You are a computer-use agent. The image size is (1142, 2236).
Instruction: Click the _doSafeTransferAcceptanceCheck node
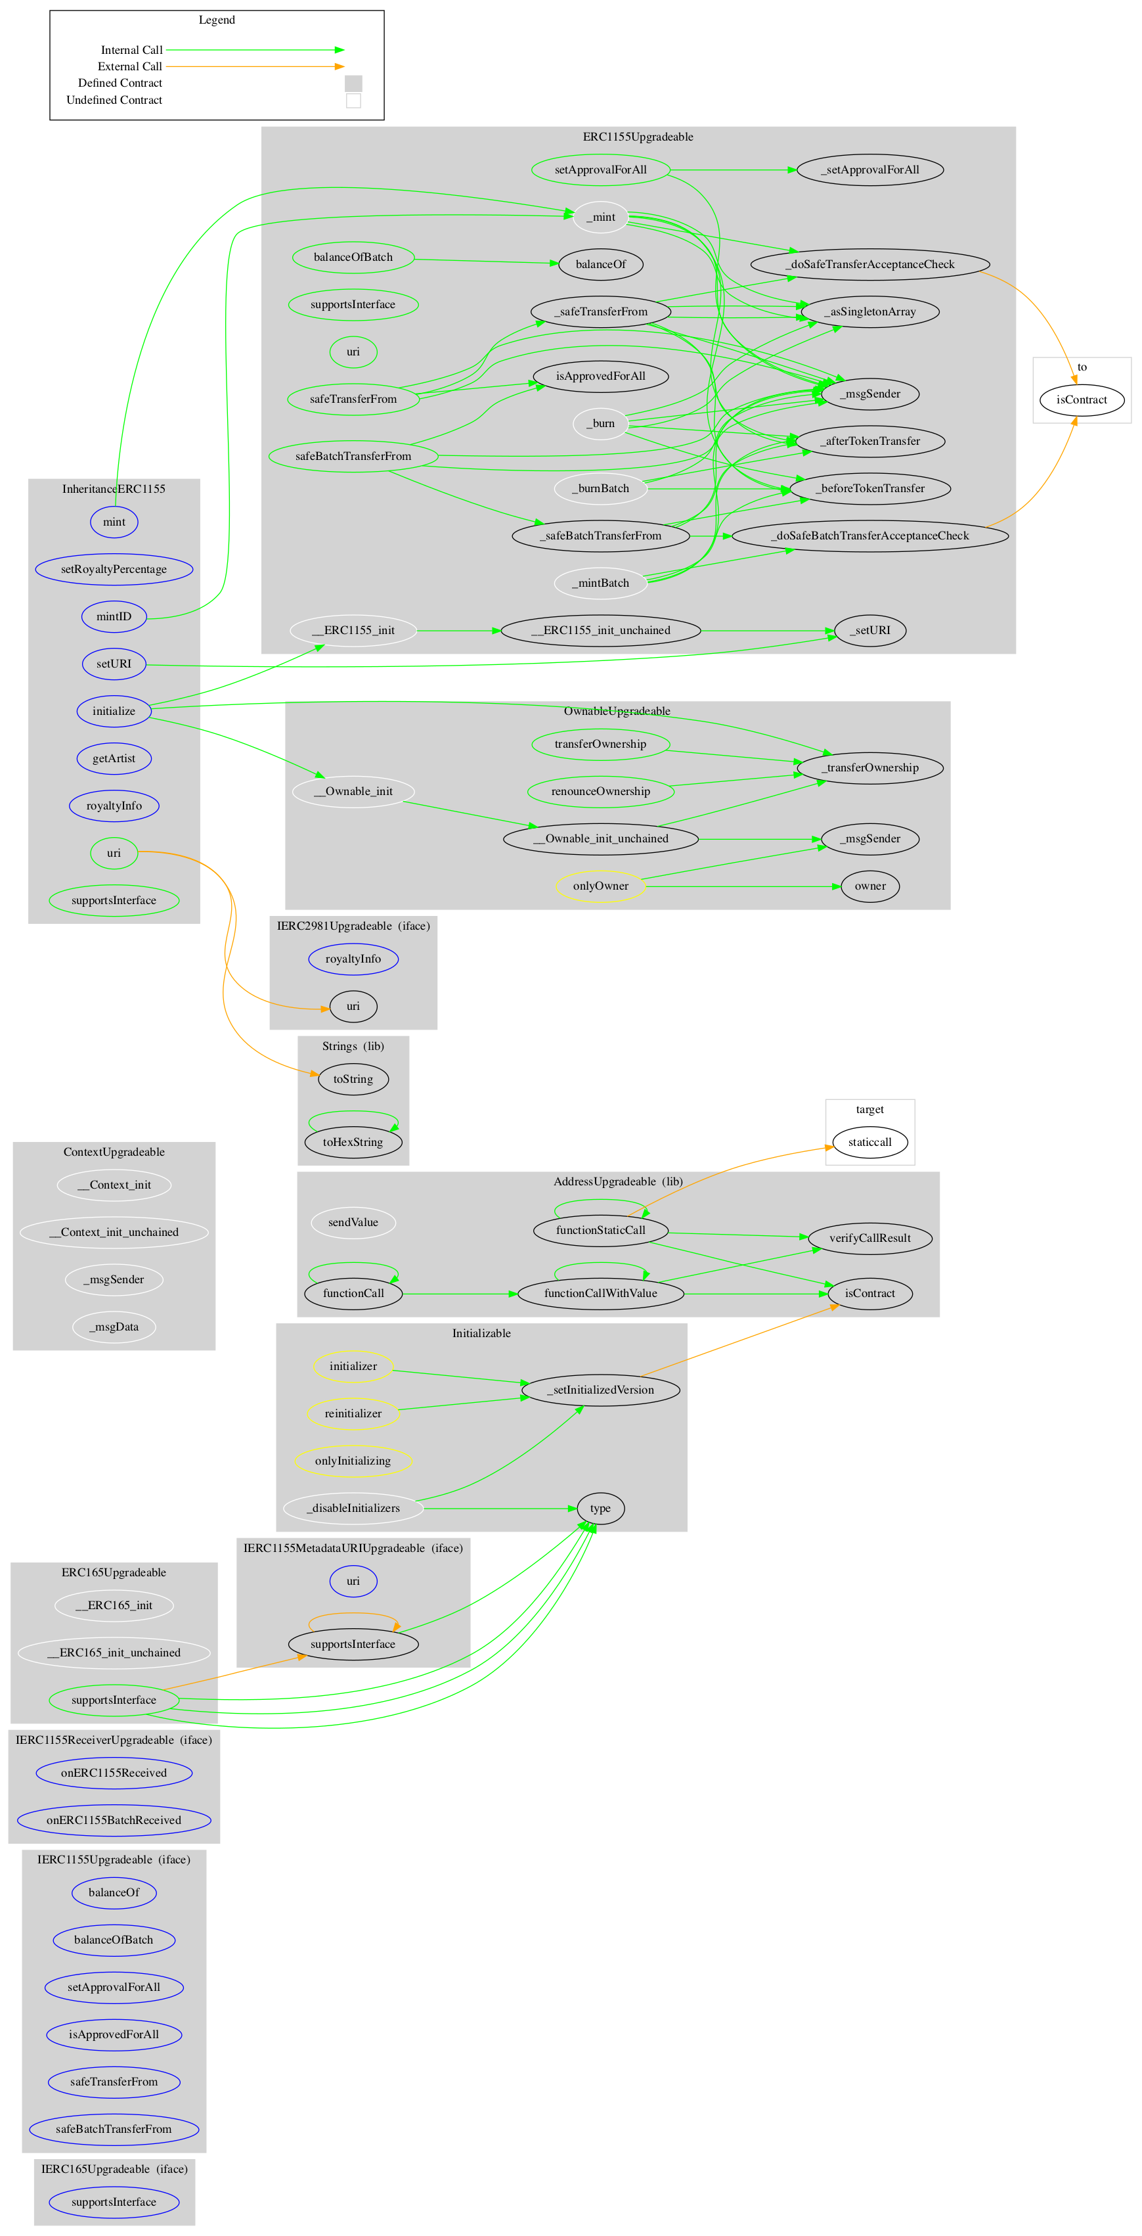[x=869, y=264]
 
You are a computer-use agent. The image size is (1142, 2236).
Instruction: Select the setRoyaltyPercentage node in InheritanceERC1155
[x=114, y=570]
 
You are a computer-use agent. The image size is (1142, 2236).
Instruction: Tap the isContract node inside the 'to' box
[x=1081, y=400]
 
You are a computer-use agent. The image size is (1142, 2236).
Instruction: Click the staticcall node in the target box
[x=869, y=1142]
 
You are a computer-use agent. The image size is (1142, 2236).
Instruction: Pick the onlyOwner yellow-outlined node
[x=600, y=886]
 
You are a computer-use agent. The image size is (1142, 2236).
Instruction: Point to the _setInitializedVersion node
[x=600, y=1390]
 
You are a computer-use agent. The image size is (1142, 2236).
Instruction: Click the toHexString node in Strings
[x=353, y=1142]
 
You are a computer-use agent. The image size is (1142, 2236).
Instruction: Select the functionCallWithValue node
[x=600, y=1293]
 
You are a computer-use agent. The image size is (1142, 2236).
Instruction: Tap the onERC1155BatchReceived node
[x=114, y=1820]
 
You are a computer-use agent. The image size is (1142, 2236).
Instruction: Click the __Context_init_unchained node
[x=114, y=1232]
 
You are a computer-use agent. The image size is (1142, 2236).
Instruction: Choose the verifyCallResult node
[x=869, y=1238]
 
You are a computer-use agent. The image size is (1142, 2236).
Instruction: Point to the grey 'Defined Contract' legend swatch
[x=353, y=83]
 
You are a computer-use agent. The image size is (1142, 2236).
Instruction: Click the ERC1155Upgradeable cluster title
[x=638, y=137]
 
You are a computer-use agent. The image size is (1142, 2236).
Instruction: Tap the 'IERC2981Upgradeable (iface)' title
[x=353, y=926]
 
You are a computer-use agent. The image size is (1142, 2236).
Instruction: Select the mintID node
[x=114, y=616]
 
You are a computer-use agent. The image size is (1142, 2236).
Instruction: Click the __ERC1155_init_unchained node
[x=600, y=630]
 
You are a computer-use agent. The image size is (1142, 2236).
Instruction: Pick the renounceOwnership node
[x=600, y=790]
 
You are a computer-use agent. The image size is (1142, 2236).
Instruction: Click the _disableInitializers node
[x=353, y=1508]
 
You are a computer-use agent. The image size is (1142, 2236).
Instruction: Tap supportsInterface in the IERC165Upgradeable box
[x=114, y=2201]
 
